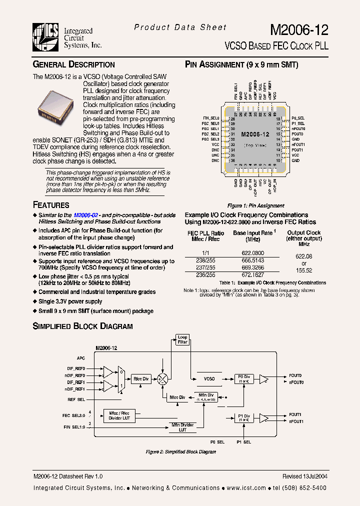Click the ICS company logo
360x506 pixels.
(46, 36)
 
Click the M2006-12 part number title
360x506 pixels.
(299, 30)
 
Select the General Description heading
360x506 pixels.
(73, 64)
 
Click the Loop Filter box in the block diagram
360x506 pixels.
(182, 340)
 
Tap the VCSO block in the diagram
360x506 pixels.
(209, 379)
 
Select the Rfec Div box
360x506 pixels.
(140, 379)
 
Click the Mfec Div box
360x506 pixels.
(177, 397)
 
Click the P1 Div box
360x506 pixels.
(243, 417)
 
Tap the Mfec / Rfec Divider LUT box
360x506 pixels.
(118, 415)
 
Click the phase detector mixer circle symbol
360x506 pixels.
(162, 378)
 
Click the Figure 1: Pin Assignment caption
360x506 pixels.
(255, 205)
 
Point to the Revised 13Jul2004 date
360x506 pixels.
(304, 476)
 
